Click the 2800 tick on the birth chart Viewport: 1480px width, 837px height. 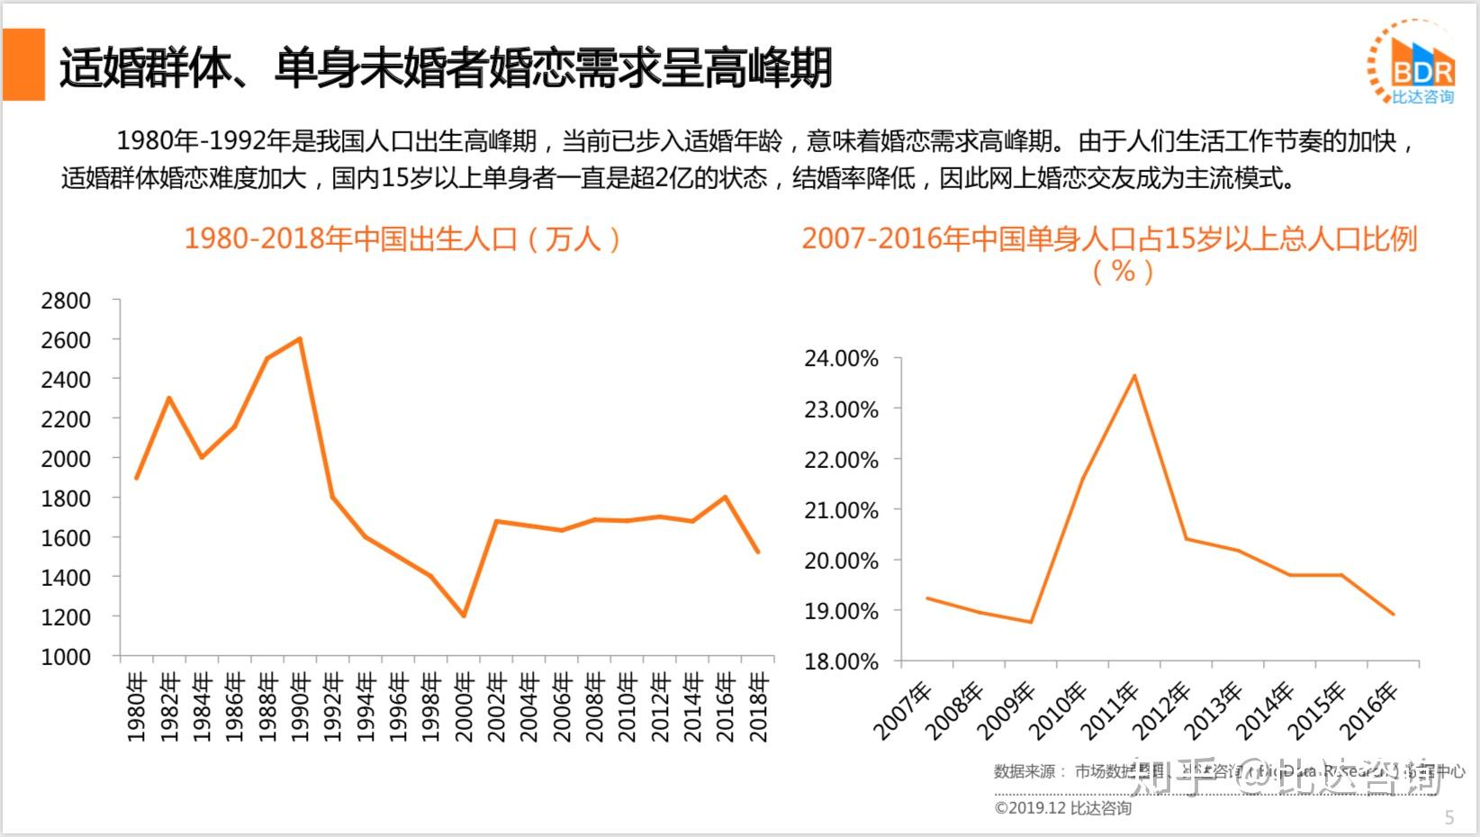click(66, 301)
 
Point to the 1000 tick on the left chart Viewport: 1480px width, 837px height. click(66, 657)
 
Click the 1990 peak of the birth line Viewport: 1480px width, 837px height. click(300, 339)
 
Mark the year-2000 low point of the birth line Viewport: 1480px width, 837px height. click(464, 616)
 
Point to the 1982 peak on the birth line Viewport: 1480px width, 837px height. click(168, 398)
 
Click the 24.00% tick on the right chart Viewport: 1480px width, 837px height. click(841, 358)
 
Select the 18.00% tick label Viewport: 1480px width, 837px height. click(841, 661)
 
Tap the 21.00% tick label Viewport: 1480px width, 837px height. click(841, 510)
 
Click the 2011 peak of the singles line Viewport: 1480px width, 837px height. click(1134, 375)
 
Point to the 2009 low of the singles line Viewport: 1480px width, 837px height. click(1031, 622)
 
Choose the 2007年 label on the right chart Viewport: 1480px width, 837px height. click(903, 711)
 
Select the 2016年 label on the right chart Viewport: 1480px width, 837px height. click(1369, 711)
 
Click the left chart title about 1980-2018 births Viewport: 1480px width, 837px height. click(402, 238)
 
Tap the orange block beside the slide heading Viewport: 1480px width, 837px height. click(24, 64)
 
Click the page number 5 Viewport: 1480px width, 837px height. click(1449, 817)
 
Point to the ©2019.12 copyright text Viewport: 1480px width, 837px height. click(1062, 808)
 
